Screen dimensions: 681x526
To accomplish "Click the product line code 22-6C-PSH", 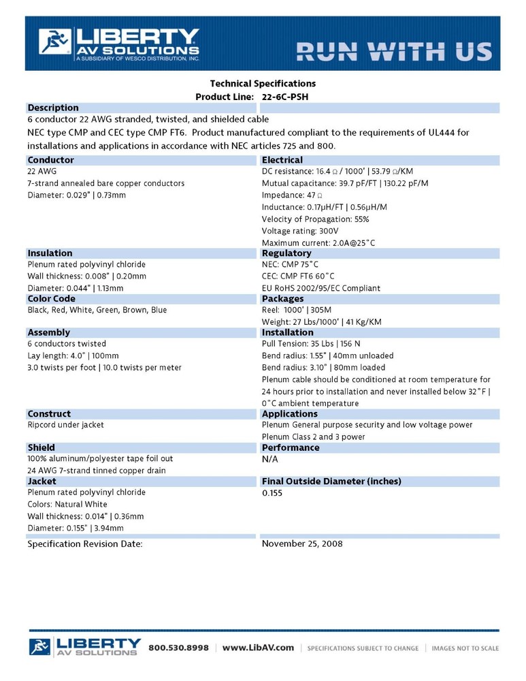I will coord(284,97).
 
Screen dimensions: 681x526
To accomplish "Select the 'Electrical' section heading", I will coord(282,160).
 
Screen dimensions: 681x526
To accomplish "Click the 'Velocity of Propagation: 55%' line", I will coord(315,219).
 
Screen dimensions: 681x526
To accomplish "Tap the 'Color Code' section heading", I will coord(51,299).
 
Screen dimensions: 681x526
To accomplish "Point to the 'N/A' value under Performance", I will coord(270,459).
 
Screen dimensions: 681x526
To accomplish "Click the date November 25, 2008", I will coord(302,543).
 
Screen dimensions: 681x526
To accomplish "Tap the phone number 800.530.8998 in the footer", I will coord(178,648).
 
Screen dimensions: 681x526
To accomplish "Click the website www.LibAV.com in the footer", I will coord(258,648).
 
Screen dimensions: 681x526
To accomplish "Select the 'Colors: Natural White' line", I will coord(67,505).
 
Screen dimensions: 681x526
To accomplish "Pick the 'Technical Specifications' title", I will coord(263,83).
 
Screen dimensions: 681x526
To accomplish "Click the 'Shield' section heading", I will coord(41,447).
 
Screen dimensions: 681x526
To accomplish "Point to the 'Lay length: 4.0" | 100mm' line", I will coord(73,355).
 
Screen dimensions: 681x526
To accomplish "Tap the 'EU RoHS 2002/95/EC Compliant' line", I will coord(321,288).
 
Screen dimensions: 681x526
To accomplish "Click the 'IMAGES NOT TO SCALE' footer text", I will coord(465,648).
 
